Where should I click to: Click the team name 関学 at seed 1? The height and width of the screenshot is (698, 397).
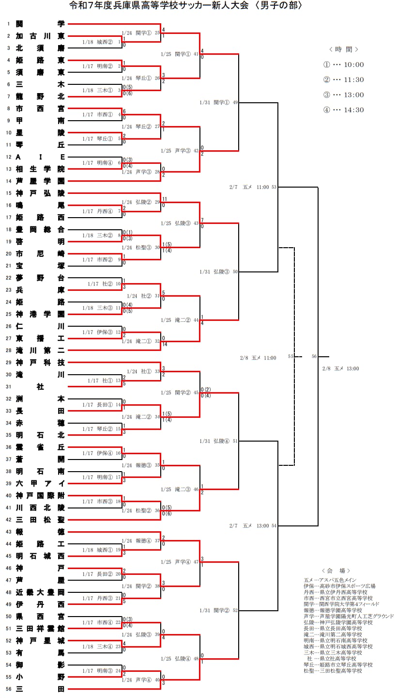(x=40, y=24)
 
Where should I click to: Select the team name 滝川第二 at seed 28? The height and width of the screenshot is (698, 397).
(x=40, y=350)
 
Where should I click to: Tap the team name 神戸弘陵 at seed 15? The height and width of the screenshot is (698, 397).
(x=40, y=193)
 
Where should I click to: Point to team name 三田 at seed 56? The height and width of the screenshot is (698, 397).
(x=40, y=689)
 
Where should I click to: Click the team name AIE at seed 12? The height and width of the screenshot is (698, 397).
(x=40, y=157)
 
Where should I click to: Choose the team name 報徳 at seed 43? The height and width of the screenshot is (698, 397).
(x=40, y=532)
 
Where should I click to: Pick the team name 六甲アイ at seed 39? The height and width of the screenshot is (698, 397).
(x=40, y=483)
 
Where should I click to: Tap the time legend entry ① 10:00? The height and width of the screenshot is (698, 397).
(x=343, y=65)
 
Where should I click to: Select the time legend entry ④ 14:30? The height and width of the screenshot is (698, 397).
(x=343, y=110)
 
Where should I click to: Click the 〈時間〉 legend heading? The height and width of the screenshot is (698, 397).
(x=343, y=49)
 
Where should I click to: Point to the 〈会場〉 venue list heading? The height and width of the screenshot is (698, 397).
(x=336, y=571)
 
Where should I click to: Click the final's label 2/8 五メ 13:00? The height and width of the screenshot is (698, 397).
(x=340, y=369)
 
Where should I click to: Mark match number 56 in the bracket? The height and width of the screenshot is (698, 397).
(x=314, y=356)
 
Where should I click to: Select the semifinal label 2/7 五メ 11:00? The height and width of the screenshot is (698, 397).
(x=252, y=187)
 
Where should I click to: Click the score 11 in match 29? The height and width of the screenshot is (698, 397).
(x=165, y=199)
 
